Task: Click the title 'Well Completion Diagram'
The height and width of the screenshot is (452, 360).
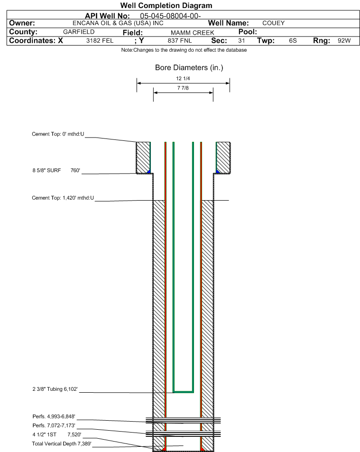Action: coord(166,6)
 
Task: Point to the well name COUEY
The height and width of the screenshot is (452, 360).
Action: coord(273,23)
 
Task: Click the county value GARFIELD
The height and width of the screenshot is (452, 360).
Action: coord(79,32)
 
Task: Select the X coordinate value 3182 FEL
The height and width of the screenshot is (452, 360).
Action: coord(100,41)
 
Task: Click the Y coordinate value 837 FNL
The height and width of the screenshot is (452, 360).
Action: coord(178,41)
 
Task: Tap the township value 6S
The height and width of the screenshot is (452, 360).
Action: coord(293,41)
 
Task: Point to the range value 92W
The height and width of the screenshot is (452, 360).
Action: coord(344,41)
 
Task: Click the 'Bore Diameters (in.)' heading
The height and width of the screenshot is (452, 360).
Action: coord(189,68)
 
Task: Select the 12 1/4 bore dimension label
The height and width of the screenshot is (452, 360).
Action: coord(183,79)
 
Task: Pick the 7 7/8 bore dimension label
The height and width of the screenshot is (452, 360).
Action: coord(183,88)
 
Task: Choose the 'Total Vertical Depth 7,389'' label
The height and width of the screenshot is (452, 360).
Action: coord(61,443)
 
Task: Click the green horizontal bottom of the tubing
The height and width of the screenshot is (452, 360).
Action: coord(183,392)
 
